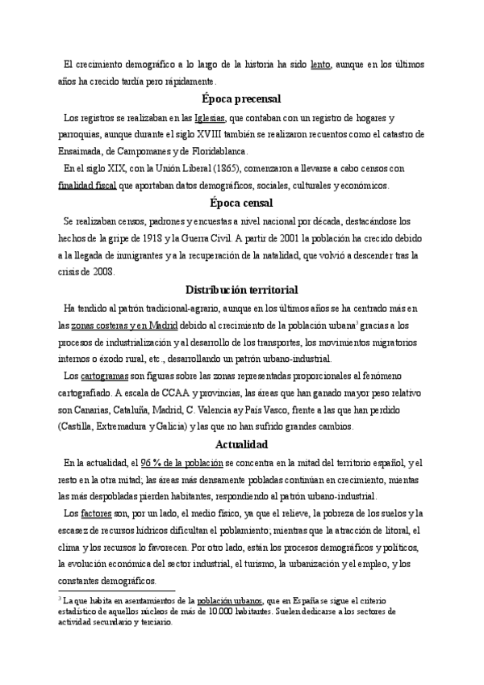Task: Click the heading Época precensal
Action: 241,99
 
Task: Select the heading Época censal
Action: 241,203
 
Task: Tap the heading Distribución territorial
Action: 241,289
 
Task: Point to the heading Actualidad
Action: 241,444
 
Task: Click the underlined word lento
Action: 320,64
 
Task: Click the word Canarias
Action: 85,410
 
